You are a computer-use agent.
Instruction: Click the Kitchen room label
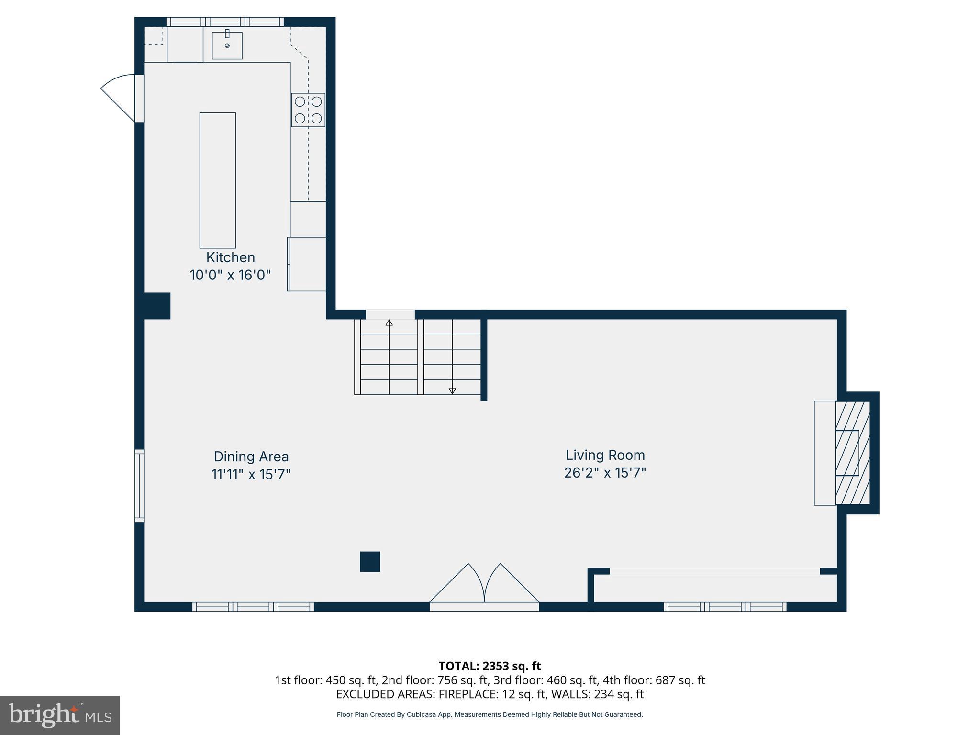pyautogui.click(x=230, y=257)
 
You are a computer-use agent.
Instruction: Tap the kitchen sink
pyautogui.click(x=227, y=45)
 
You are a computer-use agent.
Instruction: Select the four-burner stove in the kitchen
pyautogui.click(x=308, y=110)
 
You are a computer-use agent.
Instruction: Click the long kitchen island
pyautogui.click(x=218, y=180)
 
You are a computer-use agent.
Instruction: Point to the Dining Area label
pyautogui.click(x=251, y=457)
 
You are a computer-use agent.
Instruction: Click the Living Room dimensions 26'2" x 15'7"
pyautogui.click(x=605, y=473)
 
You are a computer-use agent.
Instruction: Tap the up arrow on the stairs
pyautogui.click(x=389, y=323)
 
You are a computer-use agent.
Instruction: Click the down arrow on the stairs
pyautogui.click(x=452, y=390)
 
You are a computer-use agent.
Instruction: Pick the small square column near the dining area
pyautogui.click(x=370, y=562)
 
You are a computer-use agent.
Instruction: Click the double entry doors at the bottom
pyautogui.click(x=484, y=586)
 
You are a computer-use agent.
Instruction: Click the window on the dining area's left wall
pyautogui.click(x=139, y=485)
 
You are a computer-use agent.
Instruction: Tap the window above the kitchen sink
pyautogui.click(x=225, y=22)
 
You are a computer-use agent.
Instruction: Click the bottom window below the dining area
pyautogui.click(x=253, y=607)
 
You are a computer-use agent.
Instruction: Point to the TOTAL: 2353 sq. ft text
pyautogui.click(x=490, y=666)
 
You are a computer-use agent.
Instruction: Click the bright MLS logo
pyautogui.click(x=60, y=715)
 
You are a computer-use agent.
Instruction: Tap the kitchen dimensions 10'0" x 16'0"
pyautogui.click(x=230, y=275)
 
